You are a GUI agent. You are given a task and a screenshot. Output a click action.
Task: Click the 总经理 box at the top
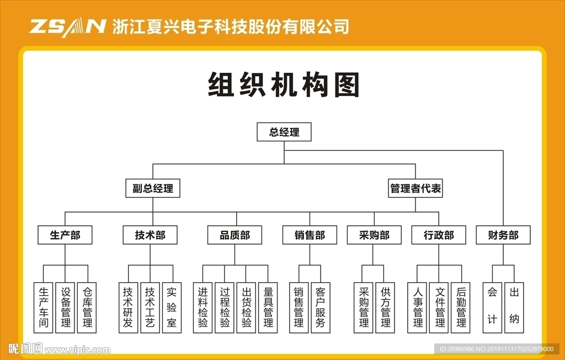284,133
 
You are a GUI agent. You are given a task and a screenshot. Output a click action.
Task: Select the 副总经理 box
153,188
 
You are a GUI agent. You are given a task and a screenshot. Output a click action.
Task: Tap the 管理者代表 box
415,188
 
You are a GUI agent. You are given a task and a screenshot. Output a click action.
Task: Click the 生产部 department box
65,235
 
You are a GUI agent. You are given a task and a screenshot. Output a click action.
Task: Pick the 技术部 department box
150,235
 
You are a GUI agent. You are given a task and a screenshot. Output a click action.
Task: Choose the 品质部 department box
235,235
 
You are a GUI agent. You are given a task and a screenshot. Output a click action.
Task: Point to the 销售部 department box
310,235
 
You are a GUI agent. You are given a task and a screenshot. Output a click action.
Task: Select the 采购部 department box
374,235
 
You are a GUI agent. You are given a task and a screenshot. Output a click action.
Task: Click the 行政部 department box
439,235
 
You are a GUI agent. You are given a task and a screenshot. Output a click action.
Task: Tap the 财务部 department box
503,235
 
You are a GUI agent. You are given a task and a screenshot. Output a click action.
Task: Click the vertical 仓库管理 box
87,308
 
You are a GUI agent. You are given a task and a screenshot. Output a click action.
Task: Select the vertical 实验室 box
172,308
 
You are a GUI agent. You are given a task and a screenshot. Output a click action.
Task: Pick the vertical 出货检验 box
246,308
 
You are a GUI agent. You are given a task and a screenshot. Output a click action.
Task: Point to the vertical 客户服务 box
321,308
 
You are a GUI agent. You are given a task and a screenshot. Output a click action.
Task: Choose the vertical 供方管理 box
385,308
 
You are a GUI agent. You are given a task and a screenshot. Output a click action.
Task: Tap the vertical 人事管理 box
418,308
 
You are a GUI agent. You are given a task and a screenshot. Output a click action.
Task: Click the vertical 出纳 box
514,308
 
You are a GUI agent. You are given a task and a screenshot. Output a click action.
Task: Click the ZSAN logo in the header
67,27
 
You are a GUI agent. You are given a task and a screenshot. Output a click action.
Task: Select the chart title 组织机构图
284,86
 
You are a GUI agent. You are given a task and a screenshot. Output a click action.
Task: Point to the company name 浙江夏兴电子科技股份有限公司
231,27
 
